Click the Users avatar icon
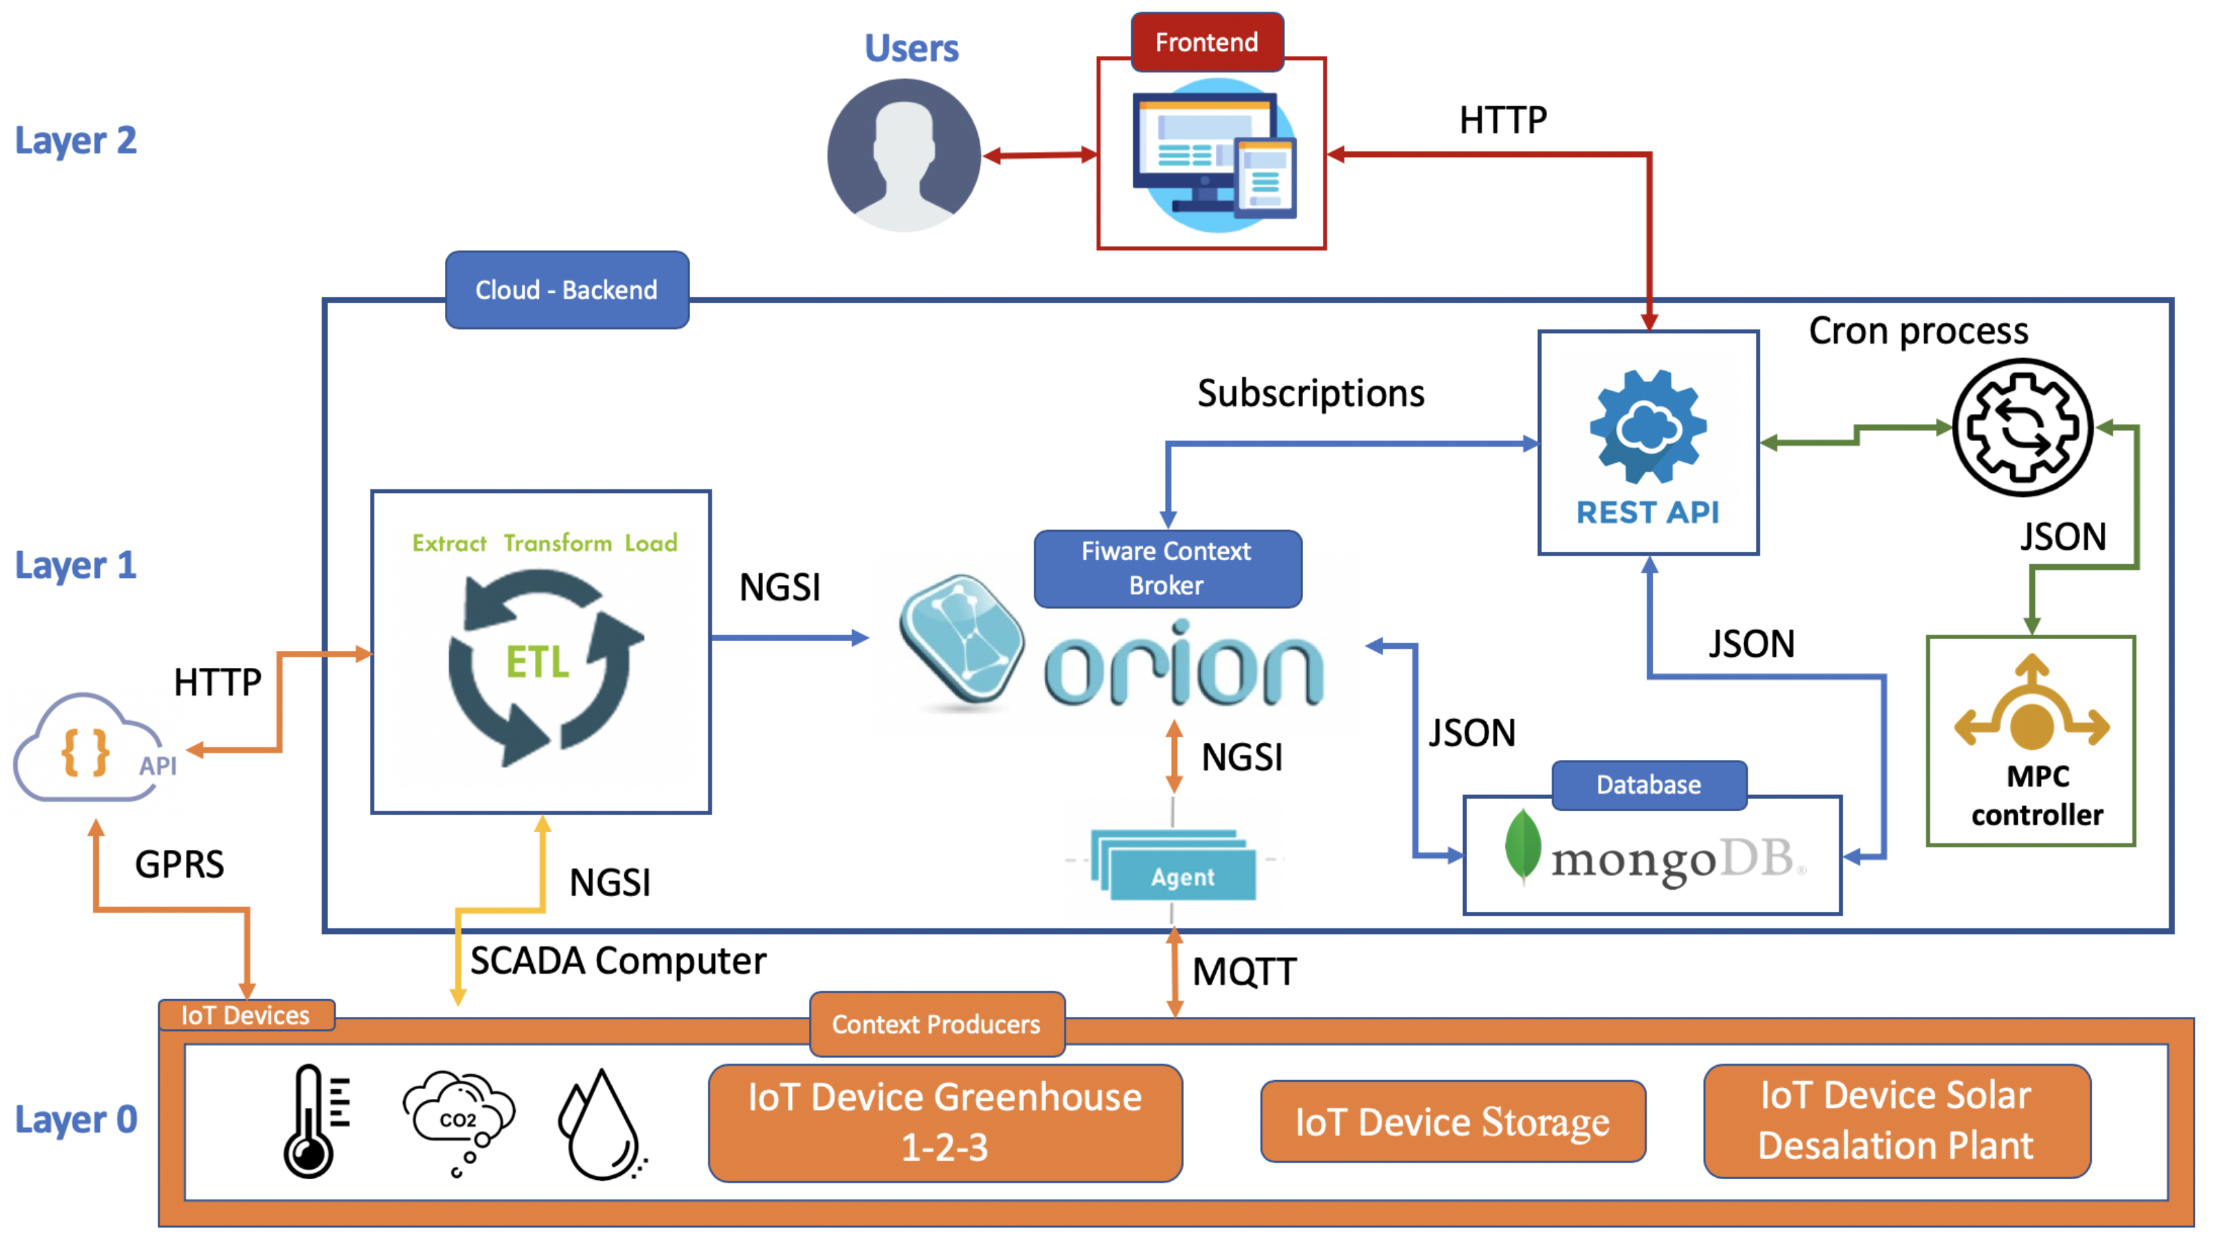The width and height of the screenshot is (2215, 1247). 904,156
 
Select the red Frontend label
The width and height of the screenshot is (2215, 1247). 1207,42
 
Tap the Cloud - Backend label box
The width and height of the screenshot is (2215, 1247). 567,290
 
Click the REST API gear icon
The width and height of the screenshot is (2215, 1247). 1648,427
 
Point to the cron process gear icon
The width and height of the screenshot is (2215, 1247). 2023,427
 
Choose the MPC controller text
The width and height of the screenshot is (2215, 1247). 2037,796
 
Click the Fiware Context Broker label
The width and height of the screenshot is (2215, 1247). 1168,569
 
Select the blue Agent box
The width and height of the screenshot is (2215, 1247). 1175,865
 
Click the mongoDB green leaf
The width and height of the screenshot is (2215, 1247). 1523,847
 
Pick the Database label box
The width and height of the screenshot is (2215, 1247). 1650,785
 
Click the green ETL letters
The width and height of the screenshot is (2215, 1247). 537,662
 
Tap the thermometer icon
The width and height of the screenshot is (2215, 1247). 316,1121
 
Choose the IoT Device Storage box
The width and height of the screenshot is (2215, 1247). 1453,1121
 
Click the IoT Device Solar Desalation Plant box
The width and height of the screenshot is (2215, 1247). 1897,1120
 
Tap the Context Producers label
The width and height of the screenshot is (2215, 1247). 937,1024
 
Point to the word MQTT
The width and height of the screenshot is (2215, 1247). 1244,972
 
